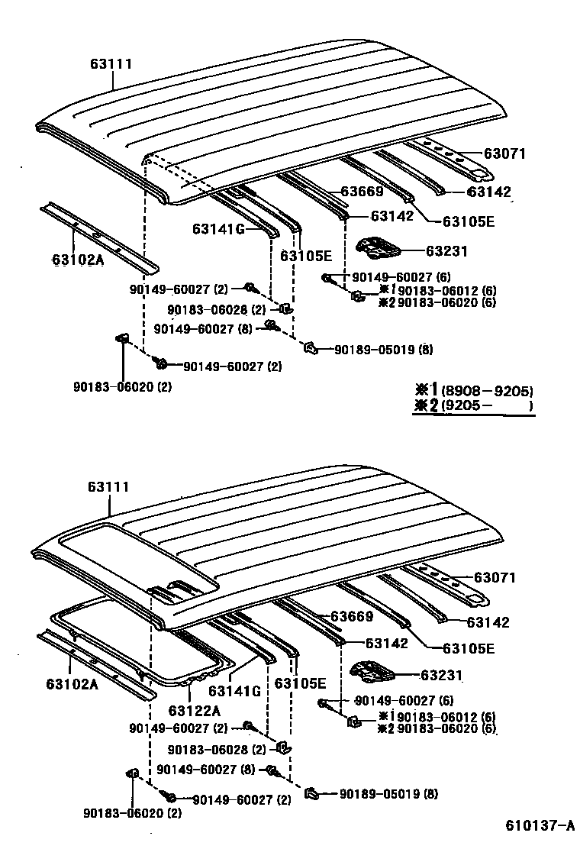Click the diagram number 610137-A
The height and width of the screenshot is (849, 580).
click(x=539, y=825)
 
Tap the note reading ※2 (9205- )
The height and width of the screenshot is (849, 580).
click(x=473, y=406)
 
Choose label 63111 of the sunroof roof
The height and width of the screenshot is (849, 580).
click(x=108, y=486)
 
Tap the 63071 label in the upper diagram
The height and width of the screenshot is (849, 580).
click(x=505, y=153)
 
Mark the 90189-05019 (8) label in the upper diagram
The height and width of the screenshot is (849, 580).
click(x=383, y=350)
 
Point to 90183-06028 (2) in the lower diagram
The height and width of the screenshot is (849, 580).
click(x=216, y=750)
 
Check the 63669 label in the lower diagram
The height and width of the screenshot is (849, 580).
click(x=352, y=617)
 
